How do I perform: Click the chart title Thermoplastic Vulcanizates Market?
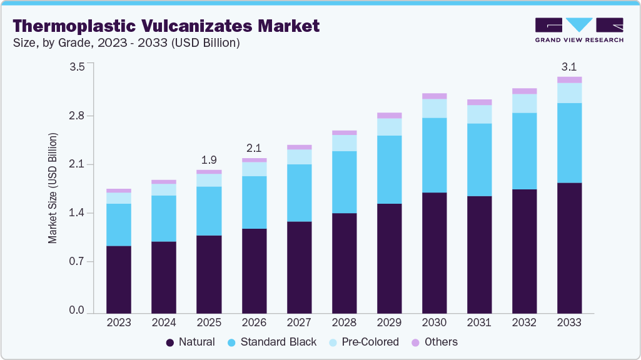166,26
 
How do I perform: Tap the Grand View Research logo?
578,29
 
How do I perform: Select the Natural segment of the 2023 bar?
119,279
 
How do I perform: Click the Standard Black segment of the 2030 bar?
435,155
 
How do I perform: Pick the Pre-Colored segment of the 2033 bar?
570,93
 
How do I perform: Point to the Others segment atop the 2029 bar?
390,116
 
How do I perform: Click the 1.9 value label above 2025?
209,159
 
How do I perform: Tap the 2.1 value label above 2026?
254,147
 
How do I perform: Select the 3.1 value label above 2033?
570,66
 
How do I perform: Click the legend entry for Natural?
190,342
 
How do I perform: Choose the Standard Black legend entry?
271,342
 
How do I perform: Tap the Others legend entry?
434,342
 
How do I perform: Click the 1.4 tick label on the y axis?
76,213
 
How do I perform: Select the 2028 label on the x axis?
345,322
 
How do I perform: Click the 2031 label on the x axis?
480,322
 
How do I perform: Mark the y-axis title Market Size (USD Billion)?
53,188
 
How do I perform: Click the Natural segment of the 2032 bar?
525,251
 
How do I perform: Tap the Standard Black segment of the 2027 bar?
299,193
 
